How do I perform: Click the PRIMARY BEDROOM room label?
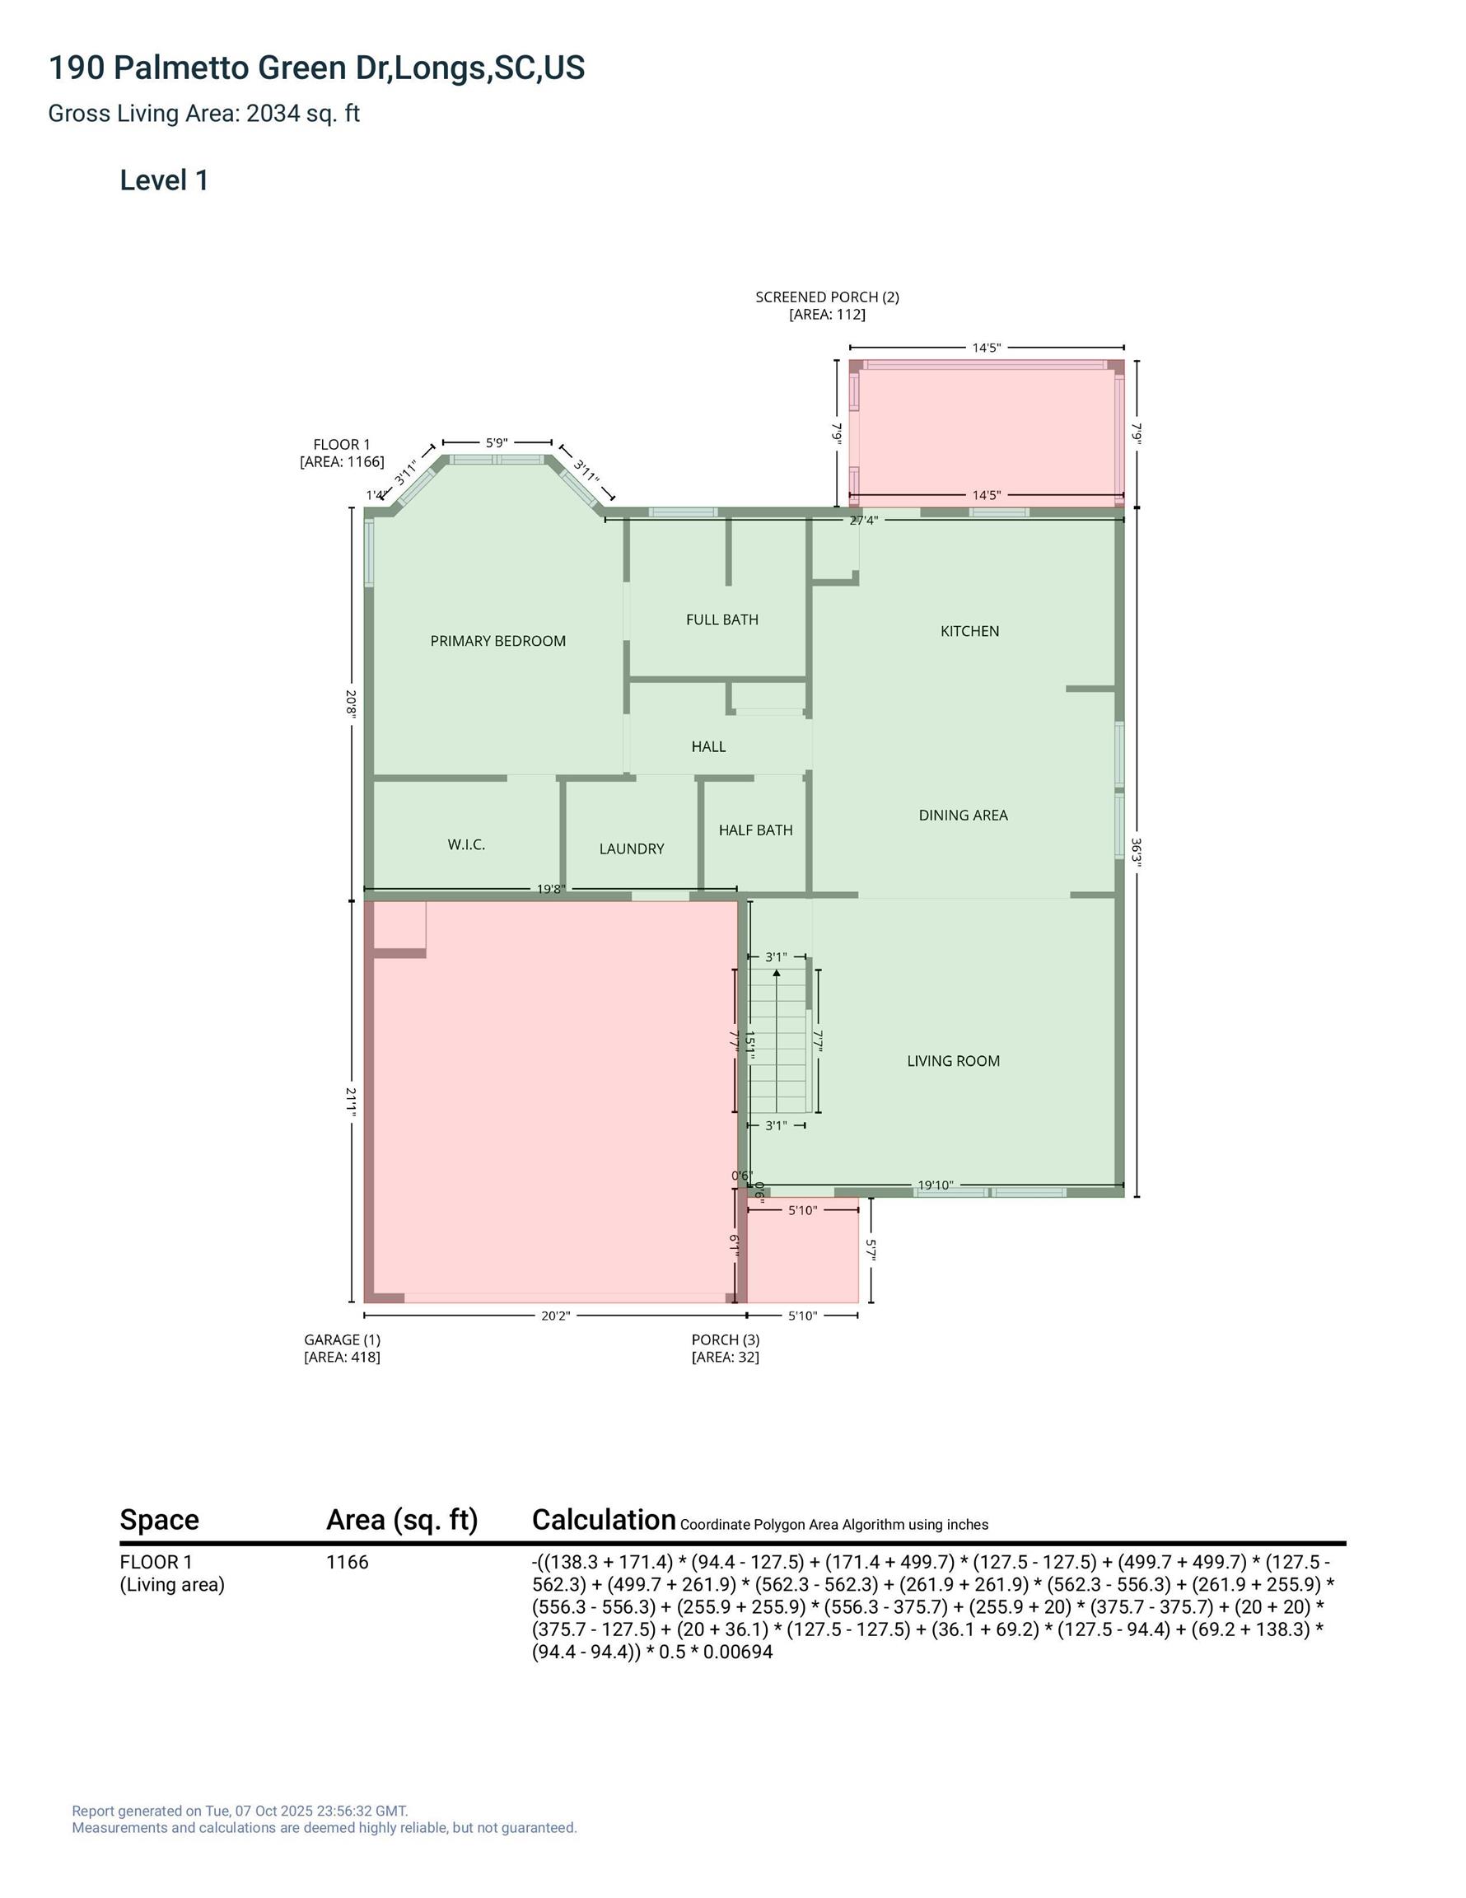pos(498,642)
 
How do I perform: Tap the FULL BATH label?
pos(722,619)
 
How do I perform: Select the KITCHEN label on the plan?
pos(970,631)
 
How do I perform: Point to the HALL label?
pos(708,746)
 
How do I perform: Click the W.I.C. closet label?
pos(467,844)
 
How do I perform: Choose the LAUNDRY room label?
pos(632,849)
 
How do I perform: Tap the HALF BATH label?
pos(755,830)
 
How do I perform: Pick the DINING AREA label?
pos(963,816)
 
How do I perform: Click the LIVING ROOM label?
pos(953,1061)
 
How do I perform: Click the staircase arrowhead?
pos(776,974)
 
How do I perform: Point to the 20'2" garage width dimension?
pos(555,1316)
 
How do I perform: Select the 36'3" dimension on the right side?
pos(1136,852)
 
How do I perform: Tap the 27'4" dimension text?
pos(864,521)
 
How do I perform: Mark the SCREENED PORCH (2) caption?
pos(827,297)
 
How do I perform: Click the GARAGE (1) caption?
pos(343,1340)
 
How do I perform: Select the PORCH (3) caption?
pos(726,1340)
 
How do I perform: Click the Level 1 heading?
pos(164,180)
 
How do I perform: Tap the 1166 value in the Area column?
pos(348,1563)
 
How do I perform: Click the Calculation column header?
pos(604,1520)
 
